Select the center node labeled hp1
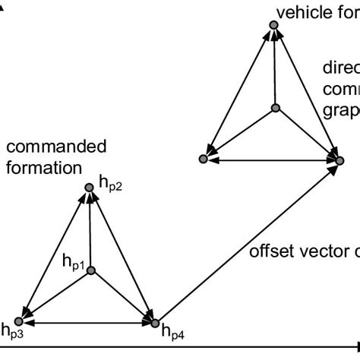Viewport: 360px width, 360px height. [x=90, y=270]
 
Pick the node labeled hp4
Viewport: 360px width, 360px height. [x=155, y=324]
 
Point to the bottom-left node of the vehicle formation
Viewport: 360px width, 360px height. [x=204, y=159]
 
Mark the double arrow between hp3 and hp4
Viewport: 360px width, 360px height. [x=90, y=324]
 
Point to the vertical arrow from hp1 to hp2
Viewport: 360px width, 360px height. [x=90, y=228]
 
